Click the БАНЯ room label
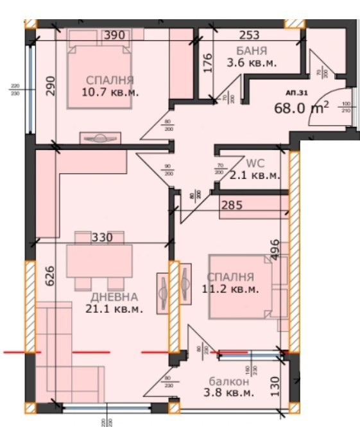pos(251,51)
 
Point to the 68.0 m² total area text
pos(302,106)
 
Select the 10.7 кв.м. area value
pos(111,92)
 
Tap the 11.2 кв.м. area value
pos(230,289)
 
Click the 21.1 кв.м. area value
pos(114,309)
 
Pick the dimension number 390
pos(115,36)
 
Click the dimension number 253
pos(250,36)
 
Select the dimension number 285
pos(232,206)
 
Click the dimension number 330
pos(102,238)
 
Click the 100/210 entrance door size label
pos(346,106)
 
